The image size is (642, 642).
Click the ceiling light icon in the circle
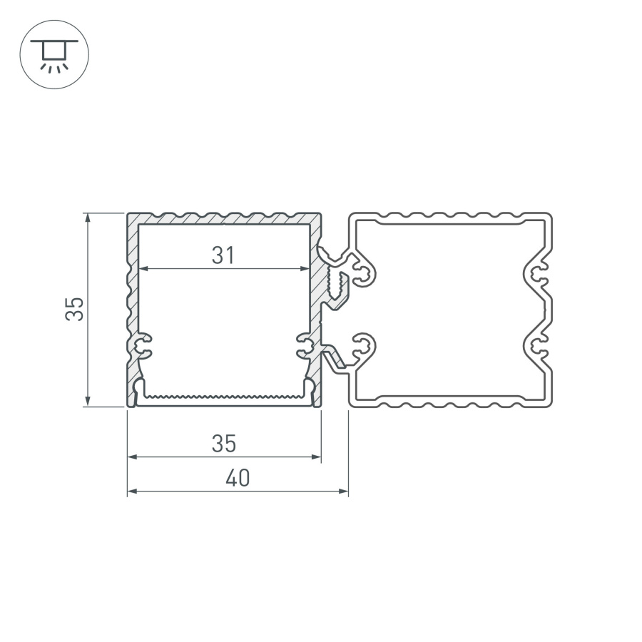click(x=54, y=53)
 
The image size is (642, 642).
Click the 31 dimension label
click(x=223, y=255)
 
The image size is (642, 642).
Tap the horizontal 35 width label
click(x=223, y=444)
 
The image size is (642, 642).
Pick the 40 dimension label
click(x=238, y=479)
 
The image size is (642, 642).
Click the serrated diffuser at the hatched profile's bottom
click(x=223, y=394)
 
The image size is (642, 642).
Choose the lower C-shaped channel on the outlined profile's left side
click(x=364, y=347)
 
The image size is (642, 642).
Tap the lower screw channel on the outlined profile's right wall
click(x=539, y=347)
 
